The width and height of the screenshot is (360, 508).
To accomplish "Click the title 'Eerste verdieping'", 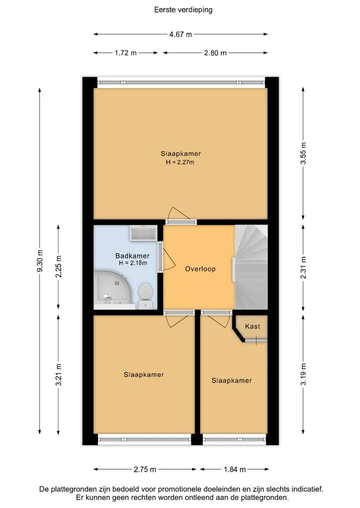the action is tap(183, 9).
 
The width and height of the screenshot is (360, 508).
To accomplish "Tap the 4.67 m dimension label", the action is tap(180, 34).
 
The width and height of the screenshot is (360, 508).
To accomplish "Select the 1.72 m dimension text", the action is tap(125, 53).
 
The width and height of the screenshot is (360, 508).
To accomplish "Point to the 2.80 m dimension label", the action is tap(215, 53).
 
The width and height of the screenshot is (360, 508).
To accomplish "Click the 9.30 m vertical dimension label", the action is tap(40, 261).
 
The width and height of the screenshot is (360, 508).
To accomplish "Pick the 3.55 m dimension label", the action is tap(303, 153).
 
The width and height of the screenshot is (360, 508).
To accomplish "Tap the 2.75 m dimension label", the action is tap(144, 469).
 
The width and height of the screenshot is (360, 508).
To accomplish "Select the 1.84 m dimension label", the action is tap(234, 469).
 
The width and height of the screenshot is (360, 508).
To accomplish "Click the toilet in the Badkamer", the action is tap(145, 296).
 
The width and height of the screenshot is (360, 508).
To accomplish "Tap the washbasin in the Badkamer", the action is tap(143, 233).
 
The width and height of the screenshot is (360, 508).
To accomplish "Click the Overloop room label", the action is tap(200, 269).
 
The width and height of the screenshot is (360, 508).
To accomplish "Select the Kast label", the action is tap(252, 326).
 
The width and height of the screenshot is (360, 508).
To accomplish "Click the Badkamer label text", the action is tap(132, 256).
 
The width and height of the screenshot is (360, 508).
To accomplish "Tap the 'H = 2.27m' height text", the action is tap(180, 162).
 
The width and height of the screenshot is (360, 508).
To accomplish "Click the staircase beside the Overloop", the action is tap(251, 267).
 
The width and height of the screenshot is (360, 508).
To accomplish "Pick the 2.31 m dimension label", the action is tap(303, 267).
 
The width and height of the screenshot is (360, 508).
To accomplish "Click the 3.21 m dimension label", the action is tap(58, 375).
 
